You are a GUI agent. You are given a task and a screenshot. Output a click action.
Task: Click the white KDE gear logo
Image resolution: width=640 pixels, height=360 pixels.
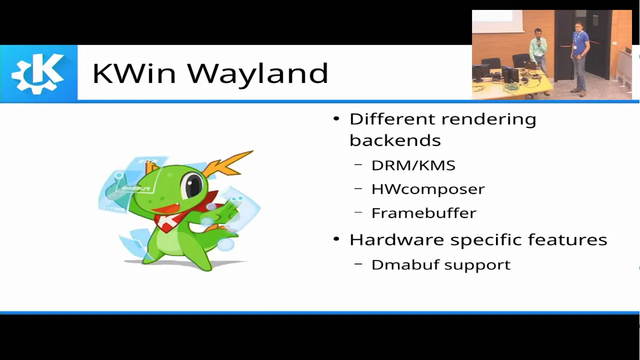[x=38, y=73]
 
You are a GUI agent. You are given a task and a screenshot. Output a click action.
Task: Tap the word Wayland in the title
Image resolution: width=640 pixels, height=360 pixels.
[x=257, y=74]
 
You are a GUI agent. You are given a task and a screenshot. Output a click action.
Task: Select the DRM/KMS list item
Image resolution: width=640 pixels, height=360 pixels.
[x=413, y=165]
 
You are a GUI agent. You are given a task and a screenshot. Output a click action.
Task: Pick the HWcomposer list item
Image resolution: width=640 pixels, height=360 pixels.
[x=428, y=189]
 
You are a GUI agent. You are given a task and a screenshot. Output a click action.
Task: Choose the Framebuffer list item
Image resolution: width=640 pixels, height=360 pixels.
[x=423, y=213]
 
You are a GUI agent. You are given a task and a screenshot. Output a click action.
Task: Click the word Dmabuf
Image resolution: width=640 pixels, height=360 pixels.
[x=405, y=264]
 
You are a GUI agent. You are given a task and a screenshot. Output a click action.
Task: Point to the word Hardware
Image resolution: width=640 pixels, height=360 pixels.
[x=396, y=239]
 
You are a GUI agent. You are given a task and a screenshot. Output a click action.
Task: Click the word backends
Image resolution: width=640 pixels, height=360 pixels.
[x=395, y=140]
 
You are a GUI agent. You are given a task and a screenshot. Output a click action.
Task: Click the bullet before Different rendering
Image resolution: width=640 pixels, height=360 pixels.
[x=336, y=118]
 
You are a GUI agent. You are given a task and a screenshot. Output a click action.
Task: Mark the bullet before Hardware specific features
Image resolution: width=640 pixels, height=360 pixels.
[x=336, y=238]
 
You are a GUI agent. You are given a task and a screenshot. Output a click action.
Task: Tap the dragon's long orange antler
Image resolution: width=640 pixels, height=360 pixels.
[x=228, y=164]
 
